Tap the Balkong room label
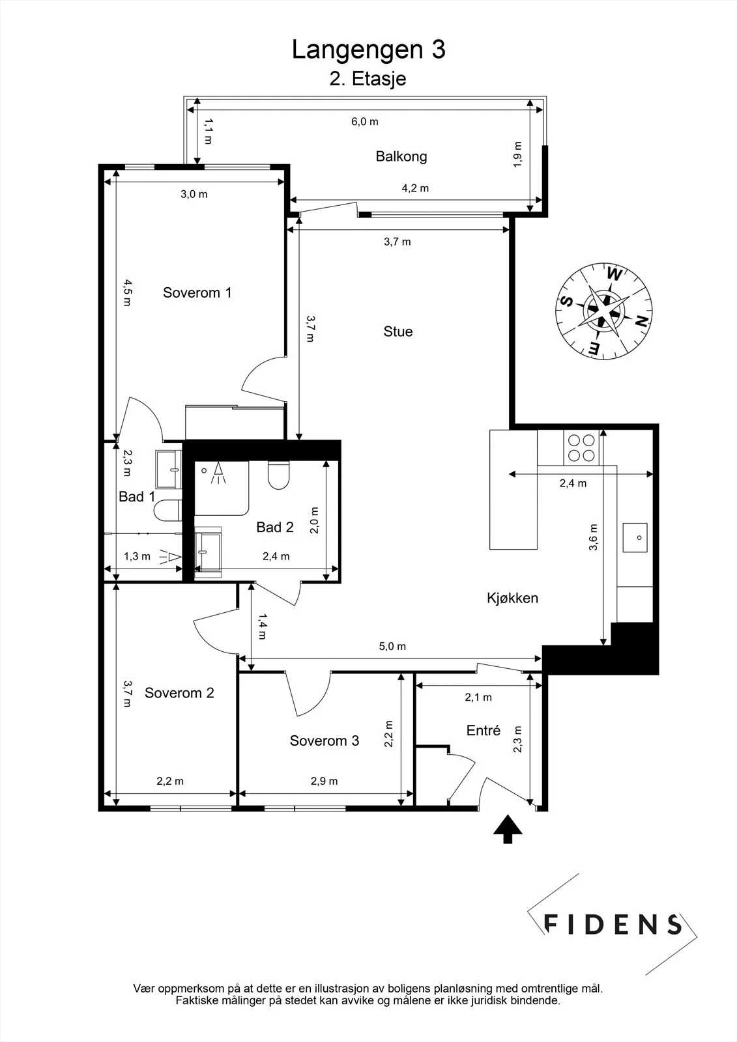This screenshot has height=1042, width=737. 401,156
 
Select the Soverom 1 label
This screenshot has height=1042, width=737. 197,292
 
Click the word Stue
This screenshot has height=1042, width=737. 398,331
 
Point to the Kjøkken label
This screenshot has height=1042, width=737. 513,598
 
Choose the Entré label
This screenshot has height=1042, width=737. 484,730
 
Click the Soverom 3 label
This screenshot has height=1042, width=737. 325,740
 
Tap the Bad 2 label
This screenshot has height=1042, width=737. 275,527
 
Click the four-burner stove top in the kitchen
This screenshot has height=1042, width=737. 581,447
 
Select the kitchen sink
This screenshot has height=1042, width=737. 635,537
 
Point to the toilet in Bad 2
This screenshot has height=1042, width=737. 279,475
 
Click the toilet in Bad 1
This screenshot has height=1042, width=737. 167,510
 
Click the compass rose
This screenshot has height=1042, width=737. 604,311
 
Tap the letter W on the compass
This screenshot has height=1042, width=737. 614,275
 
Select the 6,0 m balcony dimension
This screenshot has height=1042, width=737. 364,122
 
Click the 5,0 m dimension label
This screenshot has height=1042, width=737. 392,646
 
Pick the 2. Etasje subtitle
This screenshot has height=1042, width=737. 368,79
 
